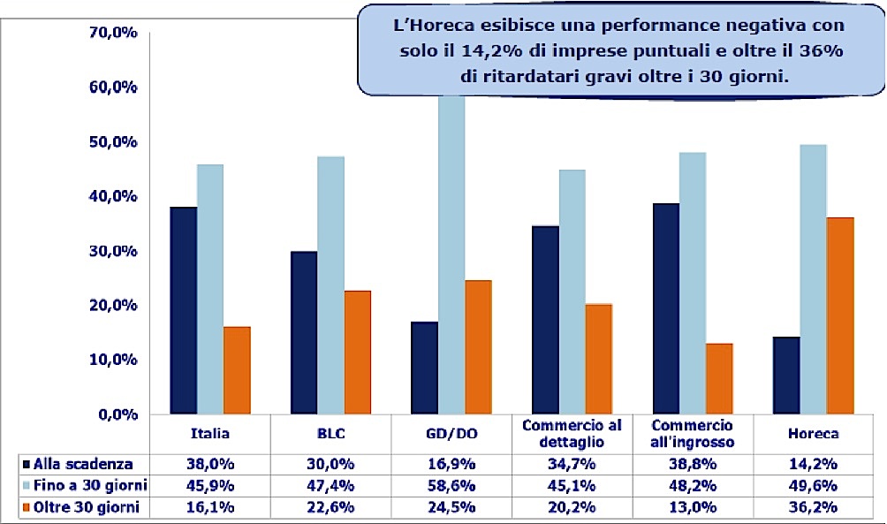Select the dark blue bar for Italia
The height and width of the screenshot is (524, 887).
[184, 310]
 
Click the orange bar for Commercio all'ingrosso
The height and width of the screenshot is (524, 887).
[719, 378]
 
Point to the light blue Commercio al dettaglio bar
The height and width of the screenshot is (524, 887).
[572, 292]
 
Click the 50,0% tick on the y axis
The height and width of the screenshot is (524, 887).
[114, 142]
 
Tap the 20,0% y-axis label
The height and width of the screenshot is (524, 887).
[114, 306]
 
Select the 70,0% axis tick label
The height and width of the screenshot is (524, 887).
[114, 34]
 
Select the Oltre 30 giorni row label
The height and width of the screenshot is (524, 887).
[83, 506]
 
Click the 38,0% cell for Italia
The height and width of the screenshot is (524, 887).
[210, 463]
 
